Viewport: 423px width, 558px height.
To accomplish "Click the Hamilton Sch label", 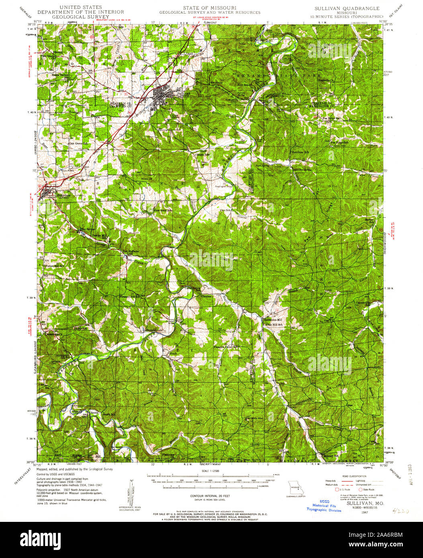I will (x=300, y=153).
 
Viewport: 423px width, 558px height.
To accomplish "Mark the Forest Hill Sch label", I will (x=55, y=266).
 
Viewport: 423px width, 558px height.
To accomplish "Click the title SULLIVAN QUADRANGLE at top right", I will (x=347, y=8).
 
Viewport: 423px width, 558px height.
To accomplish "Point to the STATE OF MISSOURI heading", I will (x=209, y=8).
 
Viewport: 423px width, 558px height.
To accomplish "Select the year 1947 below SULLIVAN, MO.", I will (x=365, y=512).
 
